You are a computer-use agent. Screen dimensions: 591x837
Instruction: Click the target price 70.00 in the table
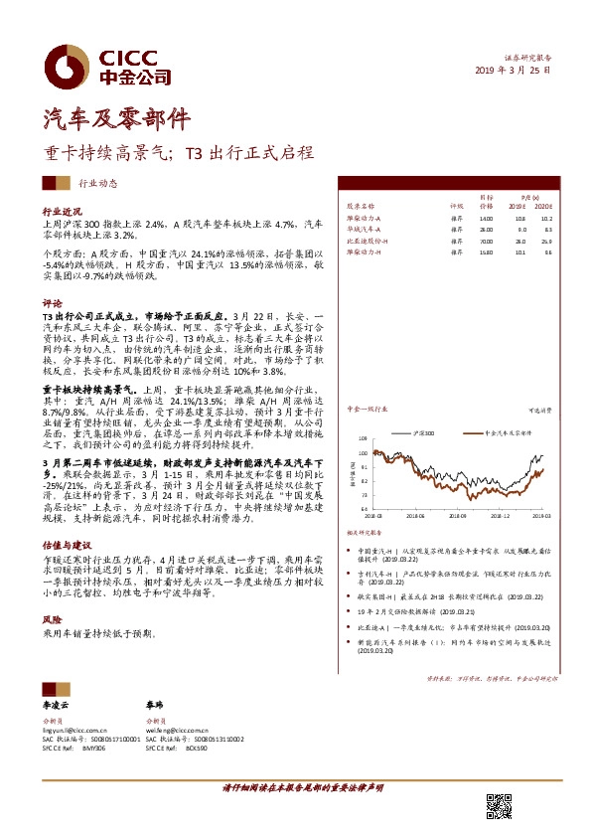click(486, 241)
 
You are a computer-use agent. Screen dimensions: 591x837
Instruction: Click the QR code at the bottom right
click(498, 806)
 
